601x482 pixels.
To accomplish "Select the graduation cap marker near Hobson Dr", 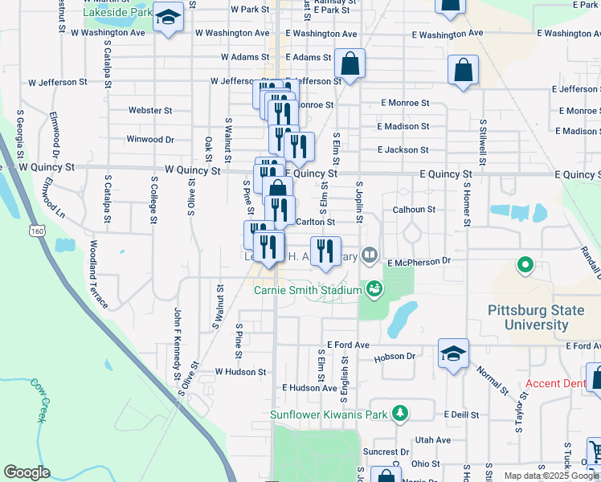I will (453, 353).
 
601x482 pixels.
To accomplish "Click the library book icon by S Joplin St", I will (370, 256).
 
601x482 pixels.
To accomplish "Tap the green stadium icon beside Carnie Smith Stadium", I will (374, 288).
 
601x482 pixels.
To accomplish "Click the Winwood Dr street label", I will (150, 139).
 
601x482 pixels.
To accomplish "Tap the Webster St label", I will (150, 110).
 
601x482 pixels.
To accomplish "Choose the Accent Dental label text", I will (555, 383).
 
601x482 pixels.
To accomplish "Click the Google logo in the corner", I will (27, 472).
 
